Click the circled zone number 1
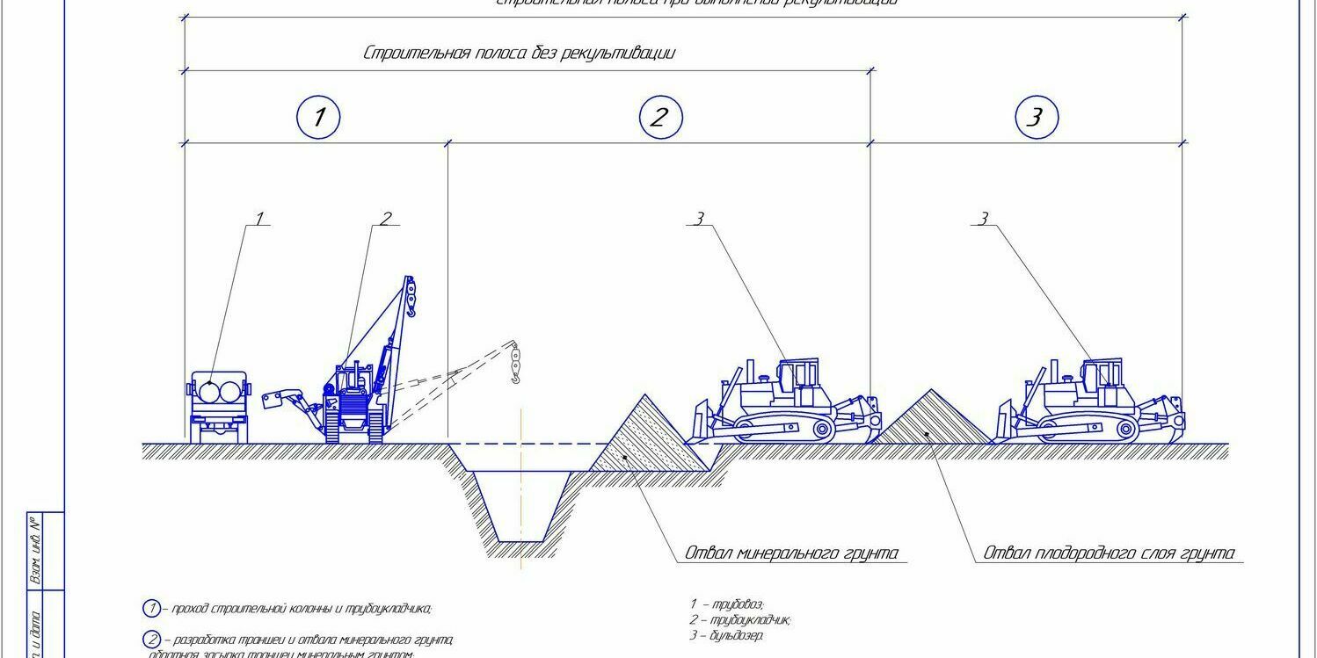pos(318,118)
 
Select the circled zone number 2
pos(659,118)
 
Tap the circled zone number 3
pos(1036,118)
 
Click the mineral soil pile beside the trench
pos(647,439)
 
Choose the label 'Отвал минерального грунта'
pos(791,553)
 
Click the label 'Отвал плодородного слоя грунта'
pos(1109,553)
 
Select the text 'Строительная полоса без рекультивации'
pos(519,54)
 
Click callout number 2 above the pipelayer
pos(385,219)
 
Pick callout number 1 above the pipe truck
pos(258,219)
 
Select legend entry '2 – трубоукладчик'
pos(740,619)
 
